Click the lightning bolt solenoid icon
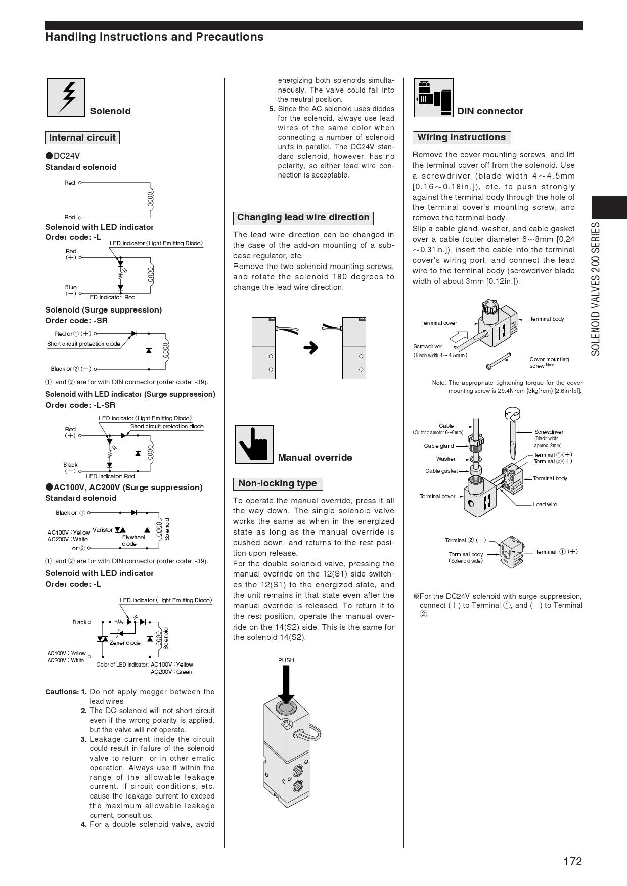(x=66, y=98)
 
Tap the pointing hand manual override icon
(x=254, y=444)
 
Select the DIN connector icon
(x=433, y=98)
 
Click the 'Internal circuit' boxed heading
(x=82, y=138)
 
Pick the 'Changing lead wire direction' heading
(x=303, y=218)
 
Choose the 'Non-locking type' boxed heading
(x=277, y=484)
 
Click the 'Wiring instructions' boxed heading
(x=461, y=137)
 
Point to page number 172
(x=572, y=861)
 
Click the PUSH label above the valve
(x=286, y=660)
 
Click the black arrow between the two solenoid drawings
(x=310, y=348)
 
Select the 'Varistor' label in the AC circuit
(x=103, y=530)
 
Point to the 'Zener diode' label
(x=125, y=643)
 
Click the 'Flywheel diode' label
(x=133, y=540)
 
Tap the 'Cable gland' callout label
(x=438, y=446)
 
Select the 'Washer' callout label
(x=445, y=459)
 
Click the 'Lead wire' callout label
(x=545, y=504)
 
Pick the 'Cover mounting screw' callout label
(x=549, y=362)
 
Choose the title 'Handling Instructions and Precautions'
(x=154, y=37)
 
